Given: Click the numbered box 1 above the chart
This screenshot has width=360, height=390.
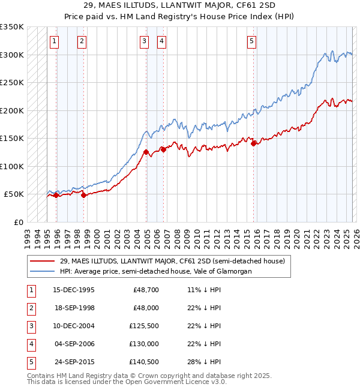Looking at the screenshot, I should (x=55, y=41).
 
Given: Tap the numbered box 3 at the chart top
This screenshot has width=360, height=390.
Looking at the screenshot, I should (x=145, y=41).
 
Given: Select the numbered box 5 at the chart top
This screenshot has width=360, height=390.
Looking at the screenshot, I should (x=251, y=41).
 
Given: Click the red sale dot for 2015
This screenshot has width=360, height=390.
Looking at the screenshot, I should (x=254, y=143).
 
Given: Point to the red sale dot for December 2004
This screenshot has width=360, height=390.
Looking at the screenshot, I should (x=146, y=152).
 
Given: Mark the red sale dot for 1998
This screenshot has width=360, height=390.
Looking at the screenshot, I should (x=83, y=195).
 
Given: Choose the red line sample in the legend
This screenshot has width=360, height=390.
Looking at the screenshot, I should (x=43, y=261).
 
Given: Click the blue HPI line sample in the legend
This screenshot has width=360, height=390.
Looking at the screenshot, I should (x=43, y=271).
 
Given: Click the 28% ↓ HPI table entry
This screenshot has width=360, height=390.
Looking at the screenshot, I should (x=204, y=361).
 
